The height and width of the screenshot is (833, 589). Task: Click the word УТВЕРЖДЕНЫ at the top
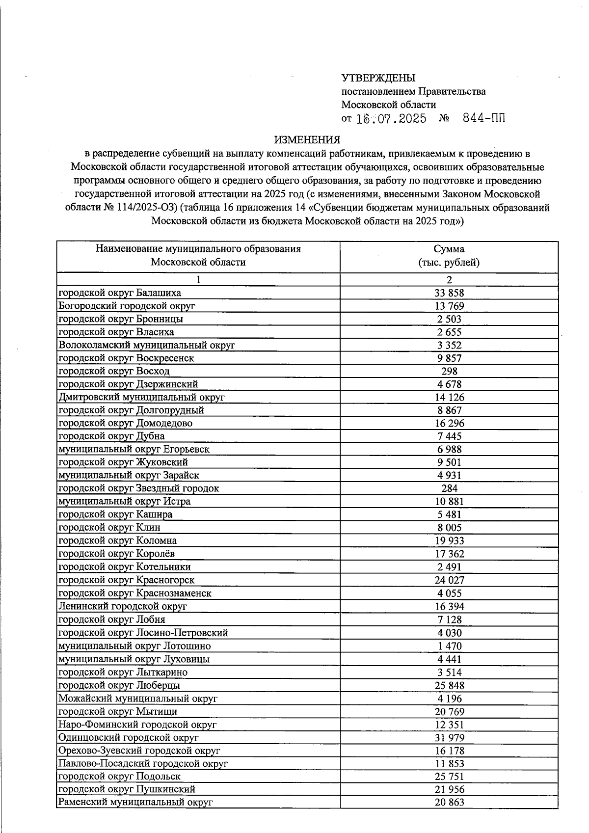tap(378, 78)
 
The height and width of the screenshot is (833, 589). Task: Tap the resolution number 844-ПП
tap(483, 118)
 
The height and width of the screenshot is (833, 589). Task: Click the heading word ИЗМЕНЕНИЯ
tap(307, 140)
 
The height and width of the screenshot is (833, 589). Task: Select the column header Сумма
tap(449, 249)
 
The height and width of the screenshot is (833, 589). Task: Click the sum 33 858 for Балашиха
tap(449, 293)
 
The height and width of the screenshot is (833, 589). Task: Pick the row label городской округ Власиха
tap(116, 332)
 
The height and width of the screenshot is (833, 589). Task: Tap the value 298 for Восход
tap(449, 371)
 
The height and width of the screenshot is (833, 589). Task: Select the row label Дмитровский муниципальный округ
tap(141, 397)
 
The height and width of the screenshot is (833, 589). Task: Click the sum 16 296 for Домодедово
tap(449, 423)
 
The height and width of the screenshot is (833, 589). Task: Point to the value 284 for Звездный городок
tap(449, 488)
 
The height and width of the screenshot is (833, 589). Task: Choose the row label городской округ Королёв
tap(117, 554)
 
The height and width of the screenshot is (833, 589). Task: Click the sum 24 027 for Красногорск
tap(449, 580)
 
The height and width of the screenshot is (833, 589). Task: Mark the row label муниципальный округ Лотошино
tap(134, 646)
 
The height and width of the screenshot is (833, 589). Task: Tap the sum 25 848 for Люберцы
tap(449, 685)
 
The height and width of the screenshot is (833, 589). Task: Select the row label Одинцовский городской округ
tap(128, 737)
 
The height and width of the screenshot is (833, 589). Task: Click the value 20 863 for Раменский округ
tap(449, 803)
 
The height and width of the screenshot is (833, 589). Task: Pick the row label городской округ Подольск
tap(119, 777)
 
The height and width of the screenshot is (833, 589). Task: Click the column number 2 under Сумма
tap(449, 280)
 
